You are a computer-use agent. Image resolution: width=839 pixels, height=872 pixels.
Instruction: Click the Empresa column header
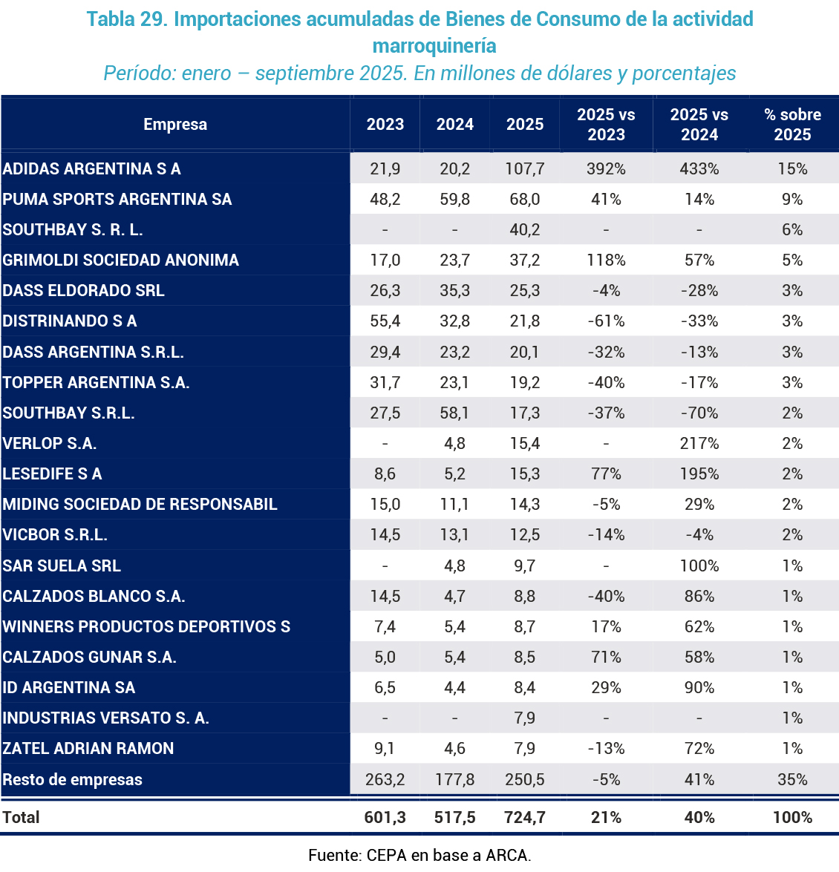pyautogui.click(x=175, y=125)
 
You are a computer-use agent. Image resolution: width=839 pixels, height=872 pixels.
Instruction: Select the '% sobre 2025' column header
pyautogui.click(x=792, y=125)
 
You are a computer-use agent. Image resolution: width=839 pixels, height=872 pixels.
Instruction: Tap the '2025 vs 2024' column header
pyautogui.click(x=699, y=125)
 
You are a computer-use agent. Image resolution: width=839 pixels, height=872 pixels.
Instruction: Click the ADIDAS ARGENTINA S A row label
pyautogui.click(x=92, y=169)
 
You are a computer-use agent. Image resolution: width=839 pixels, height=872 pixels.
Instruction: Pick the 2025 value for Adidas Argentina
pyautogui.click(x=524, y=169)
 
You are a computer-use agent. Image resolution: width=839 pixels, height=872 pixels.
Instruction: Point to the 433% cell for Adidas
pyautogui.click(x=699, y=169)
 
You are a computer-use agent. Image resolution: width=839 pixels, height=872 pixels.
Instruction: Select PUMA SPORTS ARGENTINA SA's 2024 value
pyautogui.click(x=454, y=200)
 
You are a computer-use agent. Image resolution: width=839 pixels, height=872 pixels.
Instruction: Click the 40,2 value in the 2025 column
pyautogui.click(x=524, y=230)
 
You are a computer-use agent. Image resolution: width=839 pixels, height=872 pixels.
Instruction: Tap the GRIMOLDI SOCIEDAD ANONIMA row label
pyautogui.click(x=121, y=260)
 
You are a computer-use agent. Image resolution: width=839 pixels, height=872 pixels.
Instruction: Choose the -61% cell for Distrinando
pyautogui.click(x=606, y=321)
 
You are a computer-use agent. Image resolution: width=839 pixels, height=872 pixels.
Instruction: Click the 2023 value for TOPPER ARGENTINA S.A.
pyautogui.click(x=385, y=383)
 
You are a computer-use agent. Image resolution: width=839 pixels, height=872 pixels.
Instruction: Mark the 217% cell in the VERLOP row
pyautogui.click(x=699, y=444)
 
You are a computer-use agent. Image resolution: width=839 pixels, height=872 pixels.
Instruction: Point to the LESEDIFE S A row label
pyautogui.click(x=53, y=474)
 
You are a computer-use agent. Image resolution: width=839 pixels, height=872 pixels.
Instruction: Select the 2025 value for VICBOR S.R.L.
pyautogui.click(x=524, y=535)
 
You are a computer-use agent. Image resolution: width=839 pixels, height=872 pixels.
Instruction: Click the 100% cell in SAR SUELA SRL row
pyautogui.click(x=699, y=566)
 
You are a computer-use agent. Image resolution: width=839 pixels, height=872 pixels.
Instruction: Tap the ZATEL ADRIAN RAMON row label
pyautogui.click(x=88, y=749)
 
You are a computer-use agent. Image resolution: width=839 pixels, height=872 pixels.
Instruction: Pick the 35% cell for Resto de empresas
pyautogui.click(x=792, y=780)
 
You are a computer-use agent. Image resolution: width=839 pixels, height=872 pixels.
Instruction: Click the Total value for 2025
pyautogui.click(x=524, y=818)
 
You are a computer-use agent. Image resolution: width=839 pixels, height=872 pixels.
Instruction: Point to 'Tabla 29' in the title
pyautogui.click(x=126, y=19)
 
